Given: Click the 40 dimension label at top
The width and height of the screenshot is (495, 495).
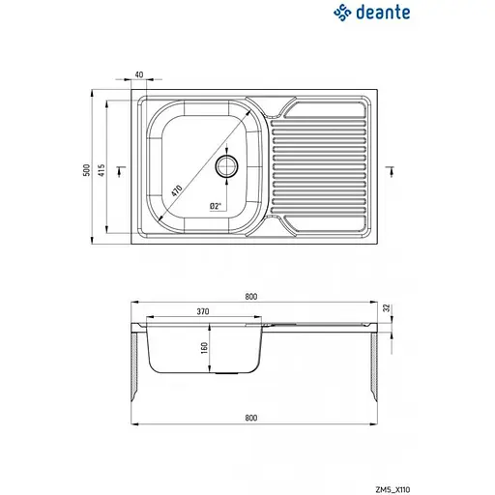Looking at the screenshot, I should click(x=139, y=75).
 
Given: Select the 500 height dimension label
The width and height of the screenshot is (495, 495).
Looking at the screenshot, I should click(x=86, y=168).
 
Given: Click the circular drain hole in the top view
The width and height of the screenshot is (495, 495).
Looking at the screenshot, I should click(x=227, y=166).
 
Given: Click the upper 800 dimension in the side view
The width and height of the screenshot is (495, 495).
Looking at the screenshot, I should click(x=251, y=296).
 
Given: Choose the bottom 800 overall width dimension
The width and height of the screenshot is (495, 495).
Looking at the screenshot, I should click(x=251, y=419).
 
